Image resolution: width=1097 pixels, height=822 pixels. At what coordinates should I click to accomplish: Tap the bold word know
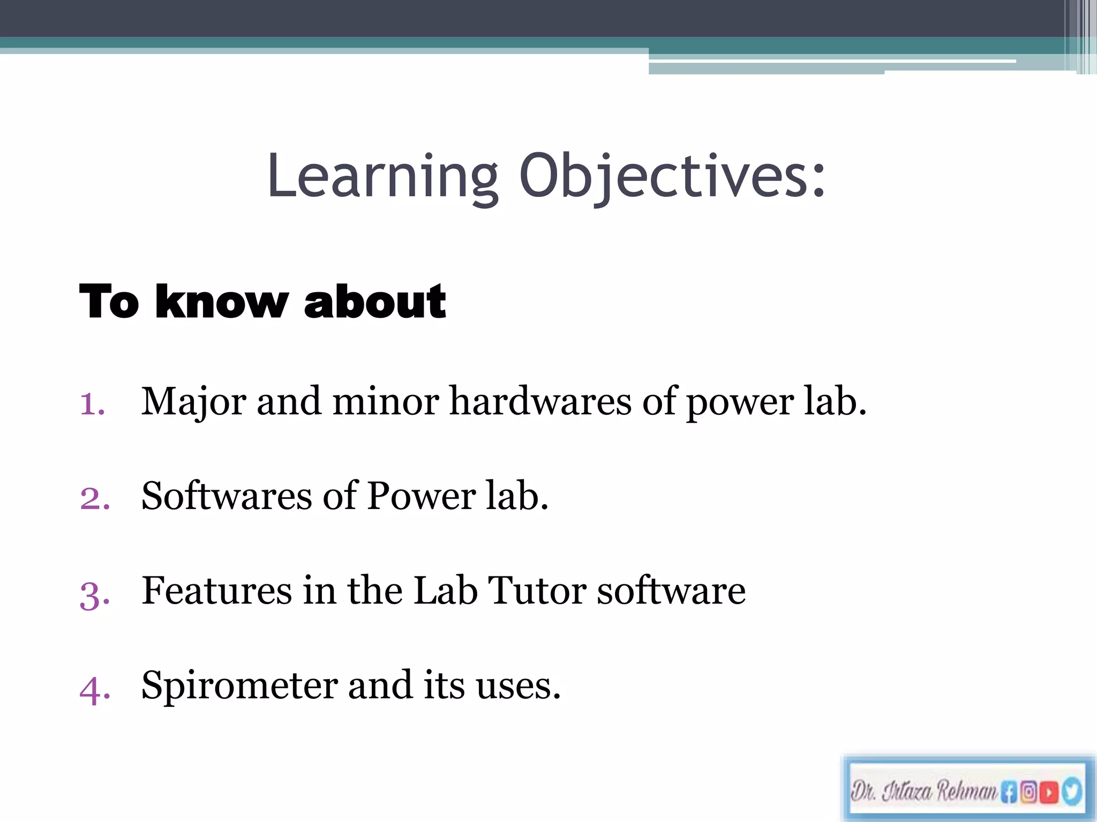[222, 302]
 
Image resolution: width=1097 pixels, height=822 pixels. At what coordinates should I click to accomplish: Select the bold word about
[374, 302]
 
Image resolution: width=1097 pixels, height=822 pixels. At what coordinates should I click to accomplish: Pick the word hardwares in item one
[540, 401]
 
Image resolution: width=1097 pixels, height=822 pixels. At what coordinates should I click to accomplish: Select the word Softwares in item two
[227, 496]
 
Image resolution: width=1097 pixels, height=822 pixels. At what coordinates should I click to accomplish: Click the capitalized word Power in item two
[422, 496]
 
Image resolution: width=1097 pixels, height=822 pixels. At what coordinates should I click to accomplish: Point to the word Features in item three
[216, 591]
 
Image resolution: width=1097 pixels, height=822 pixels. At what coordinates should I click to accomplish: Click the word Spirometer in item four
[239, 686]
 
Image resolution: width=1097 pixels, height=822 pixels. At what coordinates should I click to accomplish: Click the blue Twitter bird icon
[1071, 791]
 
